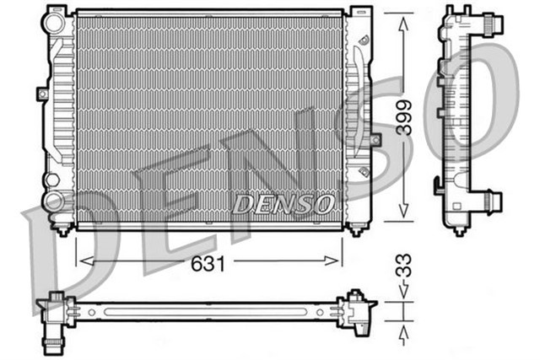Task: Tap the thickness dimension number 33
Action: click(x=405, y=271)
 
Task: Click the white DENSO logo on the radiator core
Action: click(x=283, y=203)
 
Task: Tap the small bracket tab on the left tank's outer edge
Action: click(x=41, y=94)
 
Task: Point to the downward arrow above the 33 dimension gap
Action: click(x=404, y=292)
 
